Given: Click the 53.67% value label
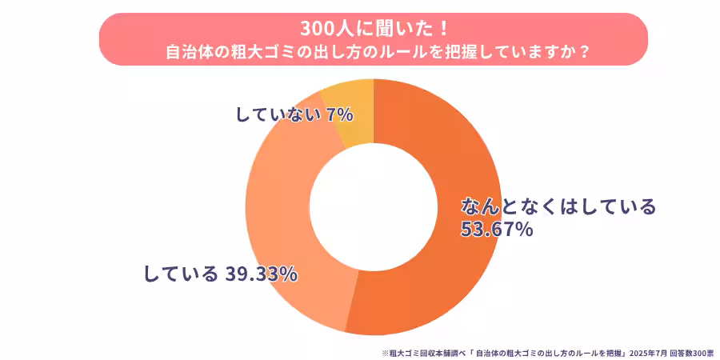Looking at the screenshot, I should tap(497, 230).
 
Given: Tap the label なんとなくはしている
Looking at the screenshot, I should tap(558, 206).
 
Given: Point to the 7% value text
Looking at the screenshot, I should tap(340, 114).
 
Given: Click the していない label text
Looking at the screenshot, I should tap(279, 114).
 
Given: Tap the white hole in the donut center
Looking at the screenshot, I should tap(374, 206).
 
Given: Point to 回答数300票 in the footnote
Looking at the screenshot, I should tap(692, 352).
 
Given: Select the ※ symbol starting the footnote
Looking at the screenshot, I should tap(385, 352).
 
